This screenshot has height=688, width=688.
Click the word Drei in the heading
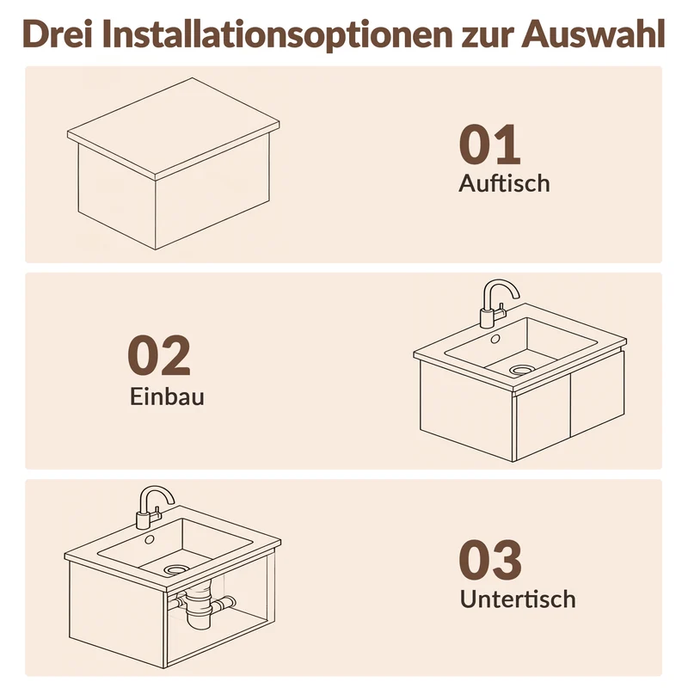[x=58, y=34]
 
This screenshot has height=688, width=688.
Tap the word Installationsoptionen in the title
[x=277, y=34]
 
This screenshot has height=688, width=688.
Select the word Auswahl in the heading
[x=593, y=34]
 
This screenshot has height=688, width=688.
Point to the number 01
[x=489, y=144]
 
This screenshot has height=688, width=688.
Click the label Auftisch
[x=504, y=183]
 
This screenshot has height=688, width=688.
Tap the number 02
[x=159, y=355]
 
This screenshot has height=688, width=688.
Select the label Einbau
[x=167, y=396]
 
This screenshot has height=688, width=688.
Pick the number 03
[x=490, y=560]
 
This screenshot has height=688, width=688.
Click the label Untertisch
[x=518, y=599]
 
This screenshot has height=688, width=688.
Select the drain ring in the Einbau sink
[x=520, y=370]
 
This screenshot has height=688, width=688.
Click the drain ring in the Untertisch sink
[x=176, y=569]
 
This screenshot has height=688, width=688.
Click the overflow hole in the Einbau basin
[x=495, y=339]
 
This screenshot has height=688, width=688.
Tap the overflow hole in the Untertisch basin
[x=150, y=539]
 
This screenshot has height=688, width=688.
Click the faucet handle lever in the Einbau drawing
[x=501, y=313]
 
